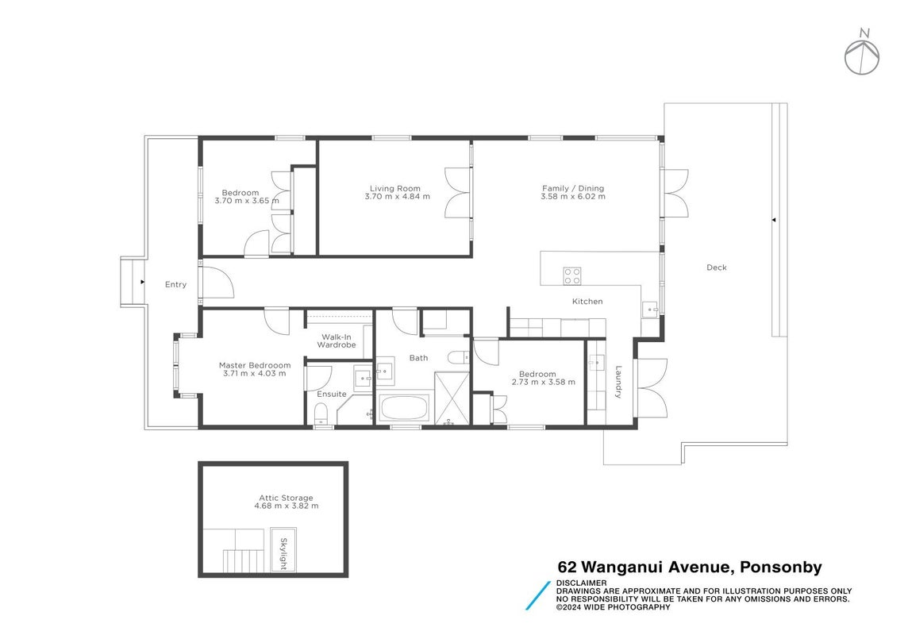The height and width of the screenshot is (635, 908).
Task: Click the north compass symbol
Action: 862,56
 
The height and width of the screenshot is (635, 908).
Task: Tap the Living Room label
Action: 395,188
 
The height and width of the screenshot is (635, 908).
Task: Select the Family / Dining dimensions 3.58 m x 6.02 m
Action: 573,197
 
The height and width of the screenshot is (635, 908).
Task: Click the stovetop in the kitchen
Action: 573,276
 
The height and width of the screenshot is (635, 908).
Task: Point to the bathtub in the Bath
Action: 404,409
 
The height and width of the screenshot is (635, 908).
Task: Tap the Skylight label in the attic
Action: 284,554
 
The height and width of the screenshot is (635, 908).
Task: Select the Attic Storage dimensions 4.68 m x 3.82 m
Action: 286,506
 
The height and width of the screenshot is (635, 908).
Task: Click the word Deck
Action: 717,267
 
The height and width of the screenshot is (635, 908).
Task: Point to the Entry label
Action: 175,284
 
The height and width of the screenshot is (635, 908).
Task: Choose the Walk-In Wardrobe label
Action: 337,341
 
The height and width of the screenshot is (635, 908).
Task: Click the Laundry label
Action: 618,382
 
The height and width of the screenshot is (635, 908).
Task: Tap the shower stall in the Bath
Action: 452,398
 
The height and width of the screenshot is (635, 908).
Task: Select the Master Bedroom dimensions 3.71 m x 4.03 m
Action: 254,374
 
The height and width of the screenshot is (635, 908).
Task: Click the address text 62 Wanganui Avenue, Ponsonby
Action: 690,568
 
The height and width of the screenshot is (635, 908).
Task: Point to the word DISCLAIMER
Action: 582,583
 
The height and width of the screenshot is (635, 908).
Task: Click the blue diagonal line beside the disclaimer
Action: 538,595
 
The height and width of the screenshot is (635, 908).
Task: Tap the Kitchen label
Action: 587,302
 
